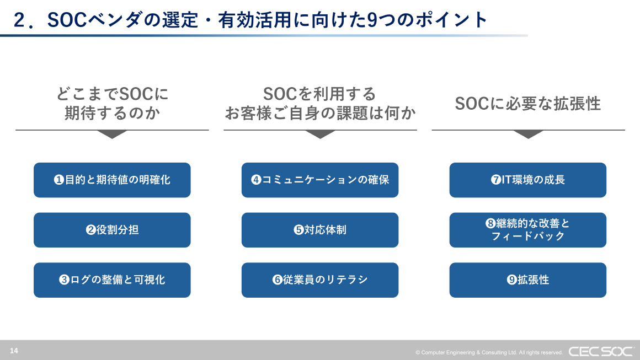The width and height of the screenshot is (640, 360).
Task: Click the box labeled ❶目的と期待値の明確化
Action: (x=112, y=180)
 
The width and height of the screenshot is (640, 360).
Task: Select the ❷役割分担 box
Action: (x=112, y=230)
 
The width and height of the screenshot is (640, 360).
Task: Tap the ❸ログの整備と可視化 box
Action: (x=112, y=280)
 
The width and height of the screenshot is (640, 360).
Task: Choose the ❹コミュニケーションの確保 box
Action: (x=320, y=180)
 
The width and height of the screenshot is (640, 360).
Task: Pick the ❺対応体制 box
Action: (x=320, y=230)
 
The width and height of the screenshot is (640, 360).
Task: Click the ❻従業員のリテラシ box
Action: (x=320, y=280)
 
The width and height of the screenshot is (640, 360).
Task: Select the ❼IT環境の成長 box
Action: (x=528, y=180)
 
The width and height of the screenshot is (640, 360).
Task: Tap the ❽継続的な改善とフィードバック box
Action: (x=528, y=230)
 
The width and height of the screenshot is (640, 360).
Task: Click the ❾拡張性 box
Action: (x=528, y=280)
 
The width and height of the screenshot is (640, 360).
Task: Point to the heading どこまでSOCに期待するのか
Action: (x=112, y=103)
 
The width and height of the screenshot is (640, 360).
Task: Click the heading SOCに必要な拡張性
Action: (x=528, y=104)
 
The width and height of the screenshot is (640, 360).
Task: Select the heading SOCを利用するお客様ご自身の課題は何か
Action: (x=320, y=103)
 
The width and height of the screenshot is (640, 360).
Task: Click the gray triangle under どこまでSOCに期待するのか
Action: (x=112, y=134)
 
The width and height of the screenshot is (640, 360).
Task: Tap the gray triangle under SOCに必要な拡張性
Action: (x=528, y=134)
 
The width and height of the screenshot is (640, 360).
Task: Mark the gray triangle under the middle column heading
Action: (x=320, y=134)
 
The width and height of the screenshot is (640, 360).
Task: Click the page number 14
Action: (x=14, y=351)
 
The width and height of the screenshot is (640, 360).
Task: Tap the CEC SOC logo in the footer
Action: (x=601, y=351)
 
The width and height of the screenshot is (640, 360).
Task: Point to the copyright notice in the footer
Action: (x=489, y=352)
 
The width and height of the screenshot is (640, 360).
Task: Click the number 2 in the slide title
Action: (x=20, y=20)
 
